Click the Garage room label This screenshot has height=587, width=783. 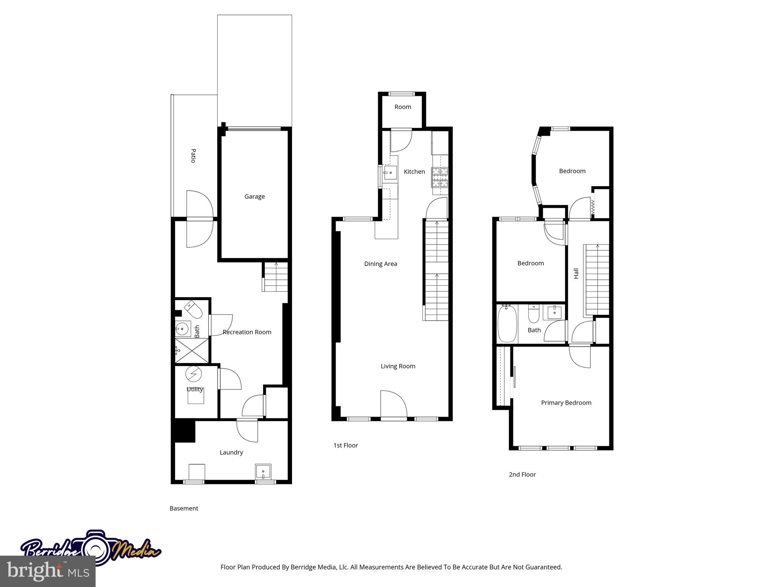(254, 196)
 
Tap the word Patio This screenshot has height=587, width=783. (193, 156)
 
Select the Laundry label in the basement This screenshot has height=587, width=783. (231, 452)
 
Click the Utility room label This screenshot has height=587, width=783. (195, 389)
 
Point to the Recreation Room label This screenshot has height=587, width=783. (247, 332)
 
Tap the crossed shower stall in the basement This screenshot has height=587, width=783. (192, 351)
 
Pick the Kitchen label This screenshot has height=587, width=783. (414, 172)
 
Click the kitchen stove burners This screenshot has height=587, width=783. (440, 177)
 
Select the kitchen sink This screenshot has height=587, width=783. (390, 173)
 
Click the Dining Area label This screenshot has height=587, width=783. (380, 264)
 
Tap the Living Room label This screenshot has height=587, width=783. (398, 366)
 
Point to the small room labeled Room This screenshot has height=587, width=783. (403, 107)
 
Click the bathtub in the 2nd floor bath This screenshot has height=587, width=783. (507, 324)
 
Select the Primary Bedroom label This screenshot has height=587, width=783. (566, 403)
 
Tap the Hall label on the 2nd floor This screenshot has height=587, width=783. (576, 273)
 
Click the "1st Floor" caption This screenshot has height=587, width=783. (346, 445)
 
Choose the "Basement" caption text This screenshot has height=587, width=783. (184, 508)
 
